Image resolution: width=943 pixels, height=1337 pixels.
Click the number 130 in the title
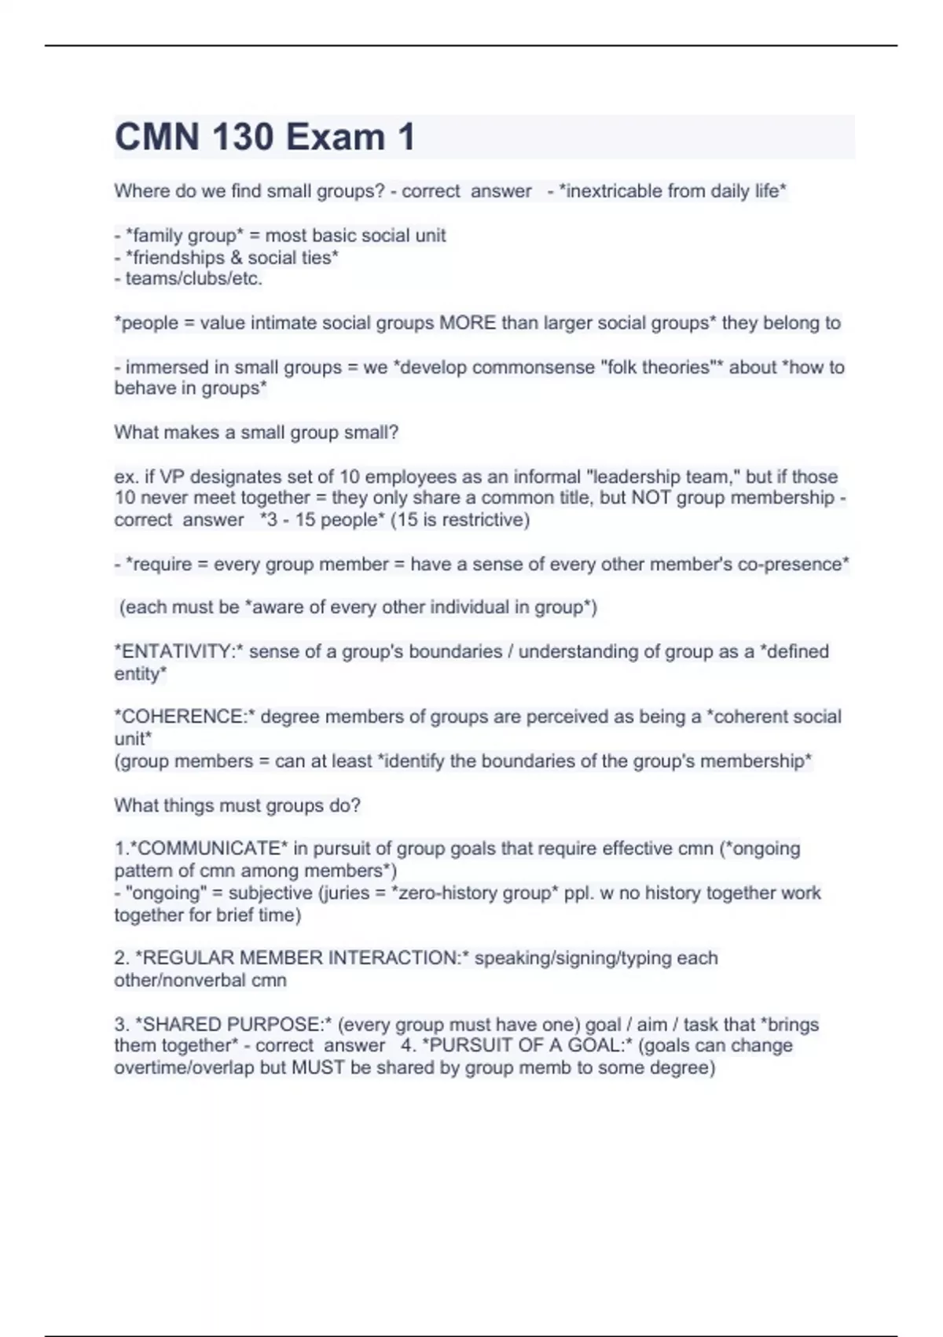[x=242, y=137]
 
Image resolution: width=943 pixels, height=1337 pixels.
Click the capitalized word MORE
[x=468, y=322]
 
